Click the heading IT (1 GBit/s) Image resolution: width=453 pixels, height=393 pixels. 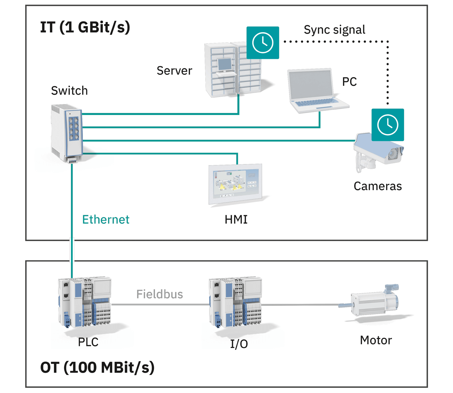(x=85, y=27)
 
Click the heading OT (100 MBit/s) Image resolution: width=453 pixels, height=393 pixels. (x=97, y=368)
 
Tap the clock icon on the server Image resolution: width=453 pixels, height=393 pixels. (x=263, y=43)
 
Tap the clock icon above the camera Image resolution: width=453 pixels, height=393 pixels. (x=388, y=125)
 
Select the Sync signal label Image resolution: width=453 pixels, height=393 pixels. (x=334, y=30)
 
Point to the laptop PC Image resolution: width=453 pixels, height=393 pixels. (x=315, y=90)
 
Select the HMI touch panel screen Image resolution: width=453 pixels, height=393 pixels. (x=235, y=183)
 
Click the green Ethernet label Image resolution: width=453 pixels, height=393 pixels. (x=106, y=220)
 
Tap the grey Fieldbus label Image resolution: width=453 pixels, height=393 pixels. (x=160, y=294)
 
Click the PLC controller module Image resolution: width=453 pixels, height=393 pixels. (x=85, y=303)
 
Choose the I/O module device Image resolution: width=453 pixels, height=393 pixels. (x=235, y=303)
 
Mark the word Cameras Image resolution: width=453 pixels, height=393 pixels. (x=378, y=186)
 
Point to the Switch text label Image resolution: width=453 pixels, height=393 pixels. (x=69, y=91)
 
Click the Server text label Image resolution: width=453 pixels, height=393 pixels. (x=174, y=71)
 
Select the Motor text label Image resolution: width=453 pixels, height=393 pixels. (x=376, y=340)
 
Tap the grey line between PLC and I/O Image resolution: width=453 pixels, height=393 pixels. (x=159, y=304)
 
